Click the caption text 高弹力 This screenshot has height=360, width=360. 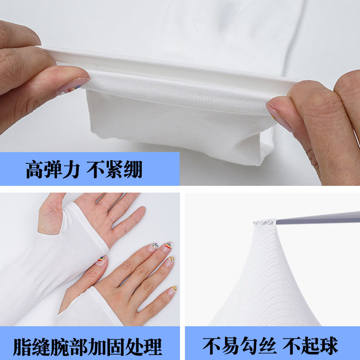53,170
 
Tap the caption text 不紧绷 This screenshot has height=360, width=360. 114,170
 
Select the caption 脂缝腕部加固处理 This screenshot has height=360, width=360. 88,346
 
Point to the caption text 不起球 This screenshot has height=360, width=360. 311,346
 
